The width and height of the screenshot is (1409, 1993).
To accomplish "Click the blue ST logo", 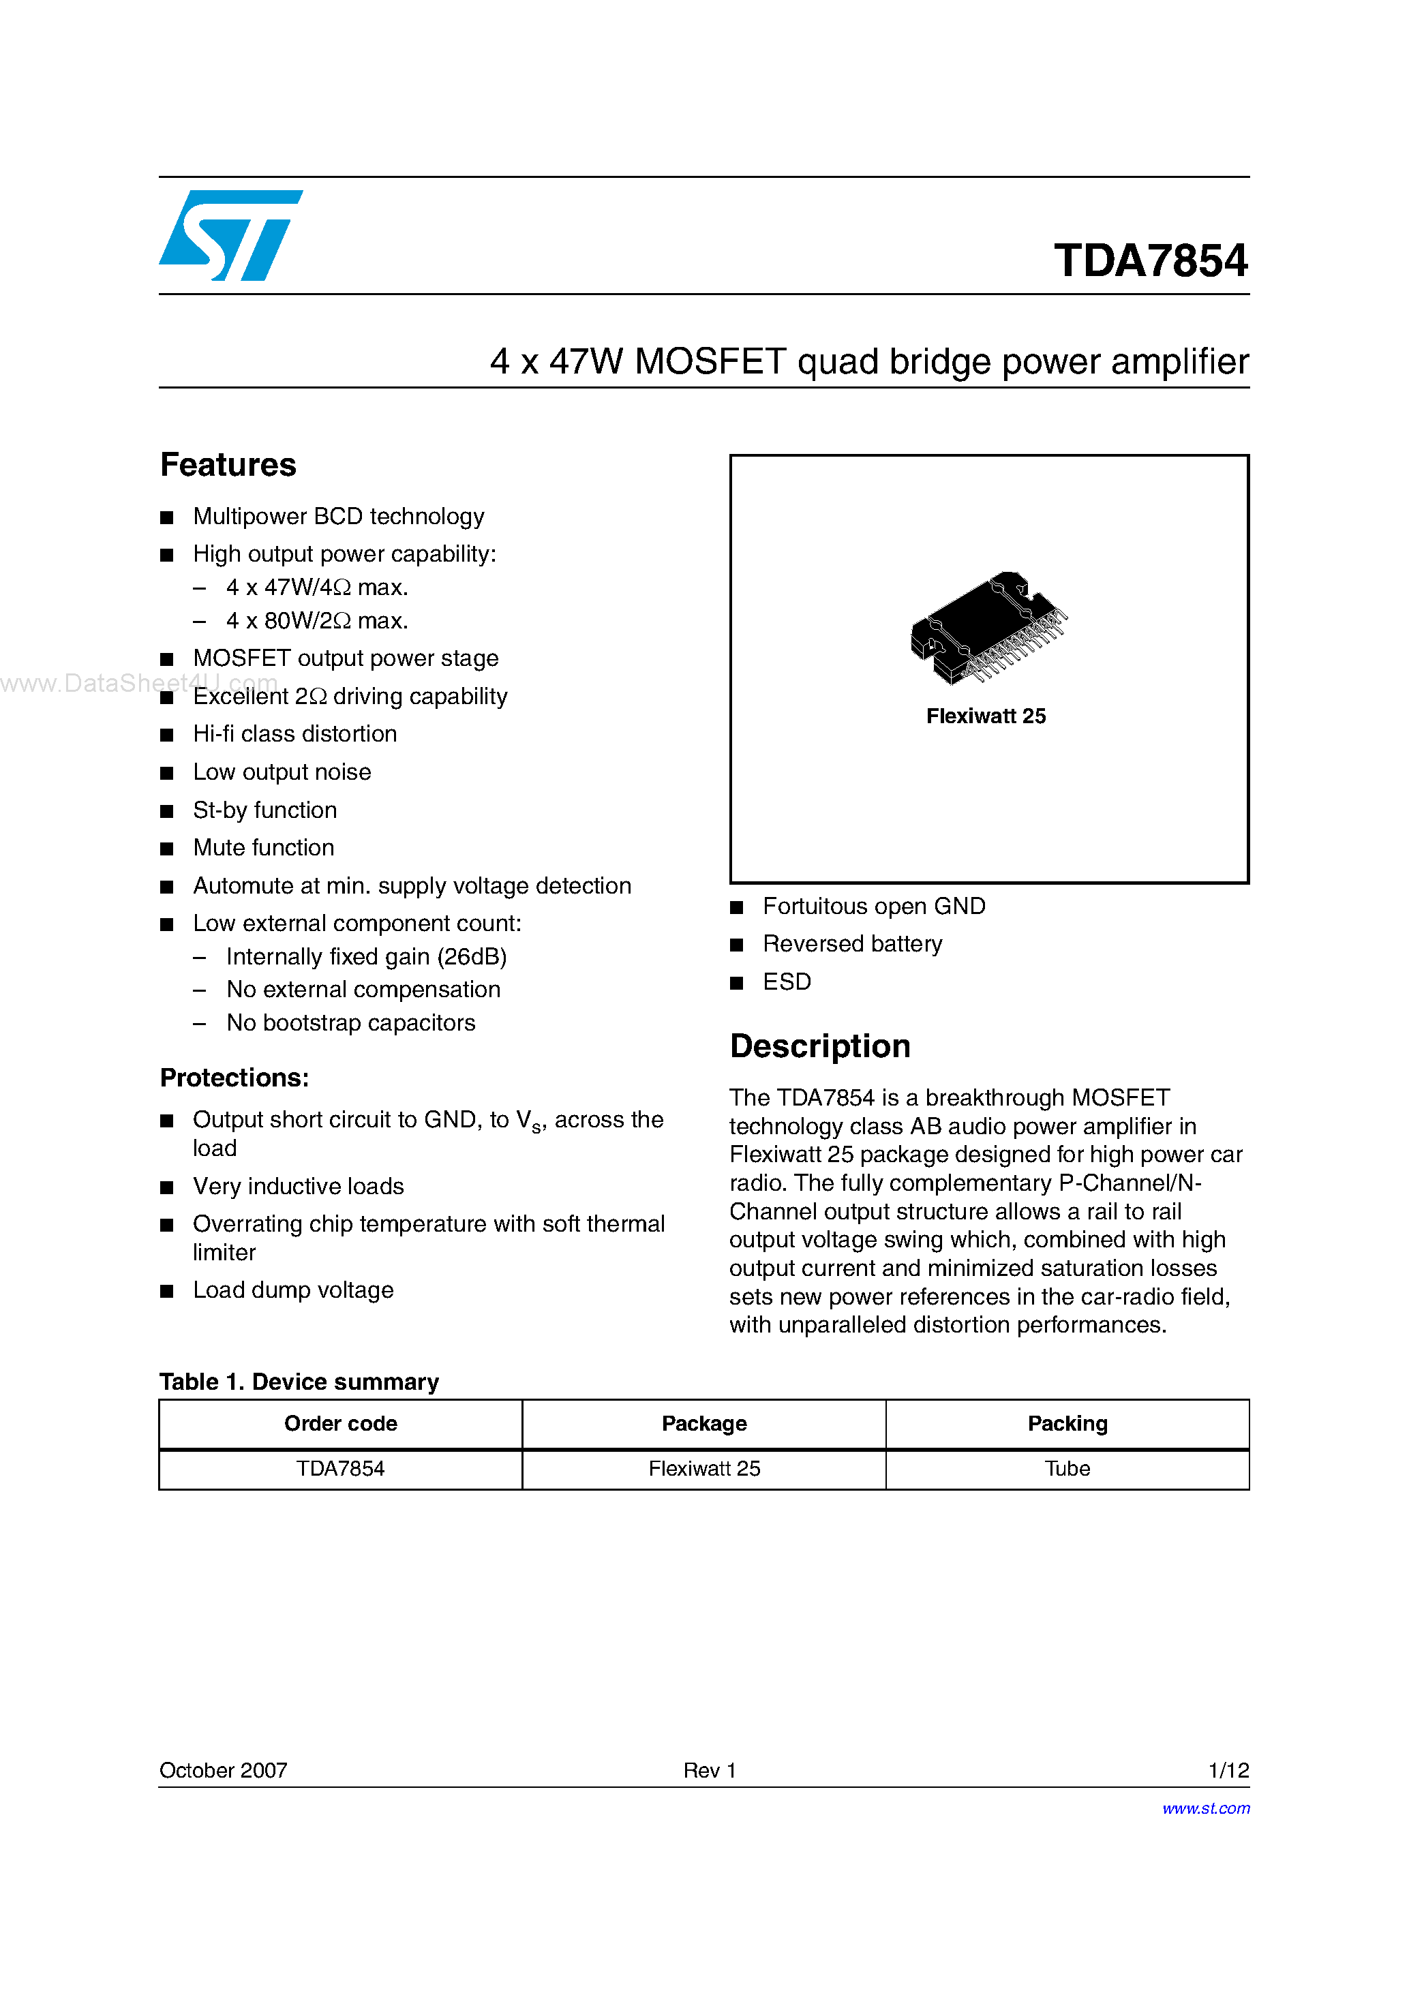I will (230, 235).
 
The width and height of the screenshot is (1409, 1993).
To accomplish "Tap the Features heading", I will (228, 466).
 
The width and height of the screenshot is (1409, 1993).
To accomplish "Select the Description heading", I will (819, 1046).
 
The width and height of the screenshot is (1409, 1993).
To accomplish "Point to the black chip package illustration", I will (988, 626).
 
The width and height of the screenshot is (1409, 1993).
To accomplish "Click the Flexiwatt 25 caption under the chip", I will (985, 716).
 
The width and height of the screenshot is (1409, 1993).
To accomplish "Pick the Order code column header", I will (340, 1424).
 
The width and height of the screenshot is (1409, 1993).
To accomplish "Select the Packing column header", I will (1067, 1424).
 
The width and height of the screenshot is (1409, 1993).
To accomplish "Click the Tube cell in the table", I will (1067, 1469).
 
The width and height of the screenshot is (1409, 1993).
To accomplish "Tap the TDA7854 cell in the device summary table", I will (340, 1469).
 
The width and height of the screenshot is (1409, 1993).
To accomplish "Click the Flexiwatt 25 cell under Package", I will (704, 1469).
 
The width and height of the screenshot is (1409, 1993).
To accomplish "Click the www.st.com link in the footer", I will (1206, 1808).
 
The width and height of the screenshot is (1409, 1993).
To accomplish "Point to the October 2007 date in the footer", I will (223, 1770).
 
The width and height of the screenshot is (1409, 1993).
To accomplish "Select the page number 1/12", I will (1228, 1770).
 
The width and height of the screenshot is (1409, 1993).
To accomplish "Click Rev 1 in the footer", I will (710, 1770).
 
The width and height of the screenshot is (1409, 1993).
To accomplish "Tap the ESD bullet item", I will (787, 982).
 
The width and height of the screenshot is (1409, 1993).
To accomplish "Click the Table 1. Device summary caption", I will (299, 1382).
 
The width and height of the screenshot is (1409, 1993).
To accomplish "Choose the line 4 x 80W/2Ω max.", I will (317, 621).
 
